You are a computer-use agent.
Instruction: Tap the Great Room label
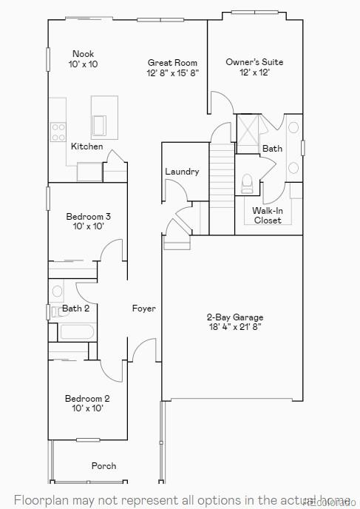pyautogui.click(x=172, y=63)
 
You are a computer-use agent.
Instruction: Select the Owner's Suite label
pyautogui.click(x=254, y=62)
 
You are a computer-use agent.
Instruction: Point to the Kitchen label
pyautogui.click(x=86, y=146)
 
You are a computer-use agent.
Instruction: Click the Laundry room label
pyautogui.click(x=182, y=172)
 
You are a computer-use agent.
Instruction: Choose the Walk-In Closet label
pyautogui.click(x=268, y=215)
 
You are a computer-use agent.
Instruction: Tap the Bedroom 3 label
pyautogui.click(x=89, y=217)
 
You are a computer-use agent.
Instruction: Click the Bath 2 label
pyautogui.click(x=75, y=309)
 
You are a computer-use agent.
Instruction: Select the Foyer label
pyautogui.click(x=144, y=309)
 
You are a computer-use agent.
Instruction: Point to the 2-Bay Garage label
pyautogui.click(x=235, y=317)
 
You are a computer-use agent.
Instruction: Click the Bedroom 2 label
pyautogui.click(x=87, y=399)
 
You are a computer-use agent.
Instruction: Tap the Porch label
pyautogui.click(x=103, y=466)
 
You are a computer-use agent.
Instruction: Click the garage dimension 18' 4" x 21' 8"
pyautogui.click(x=235, y=326)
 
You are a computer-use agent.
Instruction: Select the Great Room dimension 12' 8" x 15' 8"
pyautogui.click(x=172, y=73)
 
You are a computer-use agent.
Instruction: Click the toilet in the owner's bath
pyautogui.click(x=247, y=182)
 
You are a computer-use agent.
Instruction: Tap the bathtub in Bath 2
pyautogui.click(x=77, y=331)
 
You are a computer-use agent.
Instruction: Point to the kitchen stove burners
pyautogui.click(x=58, y=132)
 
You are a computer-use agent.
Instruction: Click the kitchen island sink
pyautogui.click(x=100, y=123)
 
